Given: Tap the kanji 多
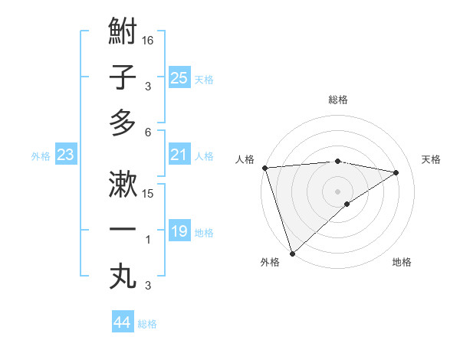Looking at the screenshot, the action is pos(123,123).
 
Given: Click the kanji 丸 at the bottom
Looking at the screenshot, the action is pos(123,276).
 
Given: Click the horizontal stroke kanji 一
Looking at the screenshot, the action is pos(123,230).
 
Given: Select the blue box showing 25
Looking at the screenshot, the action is pos(179,77).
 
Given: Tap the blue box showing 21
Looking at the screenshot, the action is pos(179,155).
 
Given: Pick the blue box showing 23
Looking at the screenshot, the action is pos(66,155).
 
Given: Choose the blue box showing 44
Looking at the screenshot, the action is pos(122,323).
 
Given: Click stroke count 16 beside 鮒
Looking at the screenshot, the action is pos(149,40).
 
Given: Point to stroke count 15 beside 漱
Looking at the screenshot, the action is pos(149,193).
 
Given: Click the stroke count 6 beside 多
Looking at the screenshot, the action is pos(149,132).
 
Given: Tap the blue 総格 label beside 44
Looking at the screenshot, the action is pos(148,324).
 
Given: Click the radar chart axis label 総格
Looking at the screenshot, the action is pos(338,100).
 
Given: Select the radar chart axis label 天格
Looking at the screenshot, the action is pos(432,159).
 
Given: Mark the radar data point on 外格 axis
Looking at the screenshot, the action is pos(292,253).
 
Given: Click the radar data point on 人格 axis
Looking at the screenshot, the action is pos(264,168).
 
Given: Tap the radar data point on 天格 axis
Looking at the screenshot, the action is pos(396,172).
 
